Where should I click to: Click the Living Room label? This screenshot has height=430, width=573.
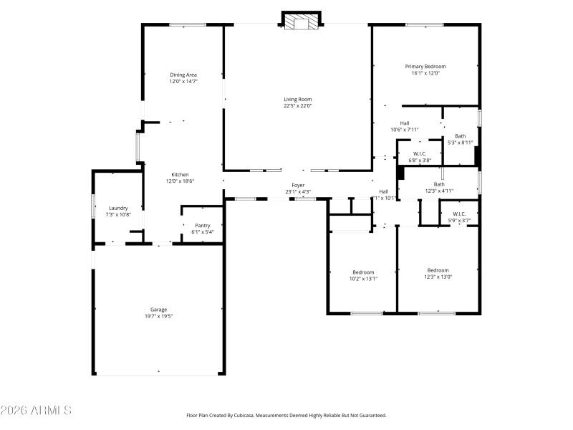[297, 100]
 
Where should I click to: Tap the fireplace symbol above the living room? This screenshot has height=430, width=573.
[301, 23]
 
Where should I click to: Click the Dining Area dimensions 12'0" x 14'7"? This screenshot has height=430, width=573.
[183, 82]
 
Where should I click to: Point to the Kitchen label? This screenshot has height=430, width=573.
[180, 175]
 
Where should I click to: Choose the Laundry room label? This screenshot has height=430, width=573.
[118, 208]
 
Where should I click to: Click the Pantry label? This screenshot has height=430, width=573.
[203, 225]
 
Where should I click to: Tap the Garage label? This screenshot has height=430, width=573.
[158, 310]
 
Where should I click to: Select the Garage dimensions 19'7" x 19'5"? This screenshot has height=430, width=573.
[158, 316]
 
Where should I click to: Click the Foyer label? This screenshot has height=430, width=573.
[298, 185]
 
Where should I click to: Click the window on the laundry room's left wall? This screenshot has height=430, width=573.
[93, 206]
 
